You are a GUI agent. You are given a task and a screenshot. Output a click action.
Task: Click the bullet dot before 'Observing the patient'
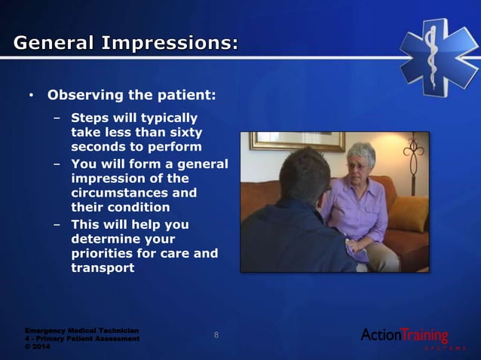(31, 96)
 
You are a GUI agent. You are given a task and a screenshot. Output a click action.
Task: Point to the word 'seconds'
(97, 146)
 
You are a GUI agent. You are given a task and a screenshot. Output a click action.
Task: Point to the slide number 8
(216, 335)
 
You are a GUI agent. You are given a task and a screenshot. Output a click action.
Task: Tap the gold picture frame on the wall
(296, 141)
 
